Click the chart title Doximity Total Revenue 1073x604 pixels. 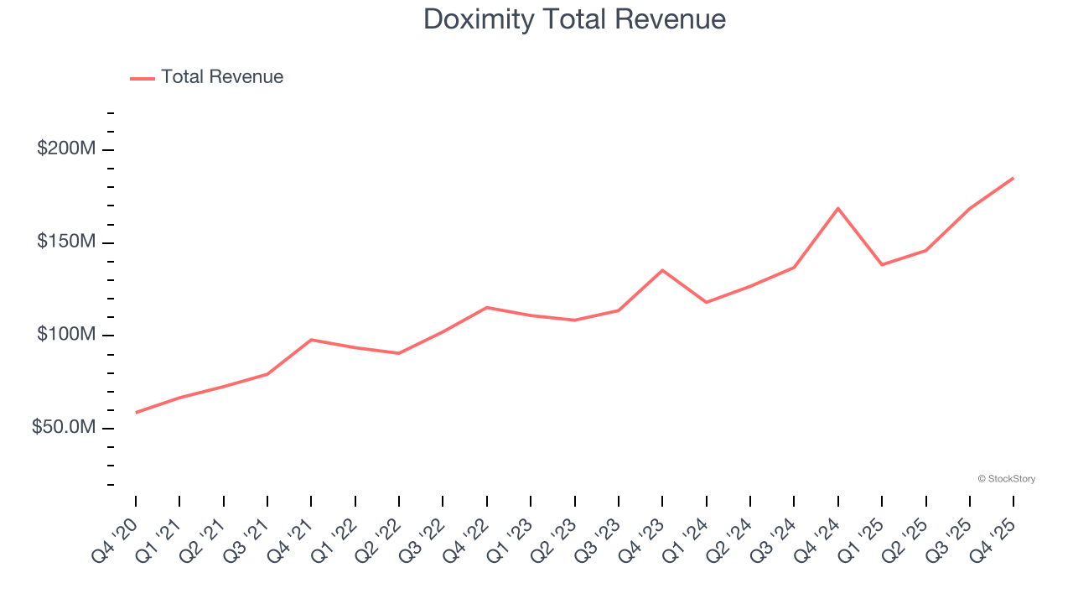point(574,18)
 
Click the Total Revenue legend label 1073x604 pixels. point(222,77)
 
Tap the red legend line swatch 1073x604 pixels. point(143,78)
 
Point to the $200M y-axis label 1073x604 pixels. point(66,149)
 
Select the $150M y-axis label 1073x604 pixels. point(66,242)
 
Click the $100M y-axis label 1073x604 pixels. point(66,336)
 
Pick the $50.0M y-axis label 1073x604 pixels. point(64,428)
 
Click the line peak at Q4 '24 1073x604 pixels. point(837,208)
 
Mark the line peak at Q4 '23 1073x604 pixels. point(662,270)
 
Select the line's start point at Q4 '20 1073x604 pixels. point(136,412)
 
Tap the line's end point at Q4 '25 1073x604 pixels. point(1013,178)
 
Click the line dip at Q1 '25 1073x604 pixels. point(882,265)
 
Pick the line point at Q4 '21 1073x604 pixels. point(311,340)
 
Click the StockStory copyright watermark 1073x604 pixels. point(1006,479)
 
